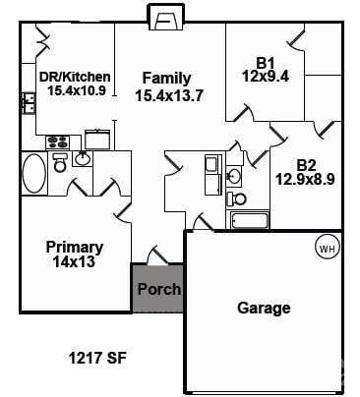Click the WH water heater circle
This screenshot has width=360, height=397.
point(328,249)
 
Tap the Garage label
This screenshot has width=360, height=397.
point(264,308)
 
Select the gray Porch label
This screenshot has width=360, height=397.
point(159,289)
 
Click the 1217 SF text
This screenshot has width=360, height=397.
point(97,358)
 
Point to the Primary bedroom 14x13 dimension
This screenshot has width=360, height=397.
point(74,261)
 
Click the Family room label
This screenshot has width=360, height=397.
point(166,79)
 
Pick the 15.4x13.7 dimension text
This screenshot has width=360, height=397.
point(169,95)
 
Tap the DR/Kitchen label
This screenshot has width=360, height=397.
point(75,77)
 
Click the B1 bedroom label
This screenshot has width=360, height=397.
point(266,63)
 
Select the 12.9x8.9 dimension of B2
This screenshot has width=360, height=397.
point(305,179)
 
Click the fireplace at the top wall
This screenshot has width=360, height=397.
point(165,17)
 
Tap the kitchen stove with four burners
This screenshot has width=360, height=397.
point(58,142)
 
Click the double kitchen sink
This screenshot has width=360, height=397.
point(29,103)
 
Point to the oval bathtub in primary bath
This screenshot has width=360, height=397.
point(33,173)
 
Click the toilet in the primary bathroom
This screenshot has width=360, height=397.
point(60,162)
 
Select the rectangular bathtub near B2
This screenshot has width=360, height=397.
point(250,220)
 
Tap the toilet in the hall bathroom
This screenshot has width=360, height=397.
point(237,198)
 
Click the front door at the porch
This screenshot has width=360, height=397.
point(157,255)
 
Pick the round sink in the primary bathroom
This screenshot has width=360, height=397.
point(83,159)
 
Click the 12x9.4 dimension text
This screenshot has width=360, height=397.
point(266,77)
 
